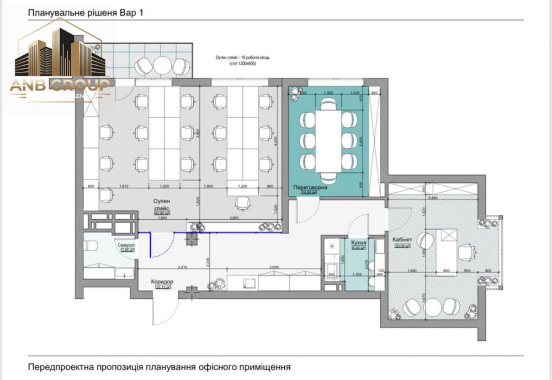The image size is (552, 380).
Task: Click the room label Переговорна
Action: pyautogui.click(x=310, y=188)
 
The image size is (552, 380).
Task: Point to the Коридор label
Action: pyautogui.click(x=162, y=281)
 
